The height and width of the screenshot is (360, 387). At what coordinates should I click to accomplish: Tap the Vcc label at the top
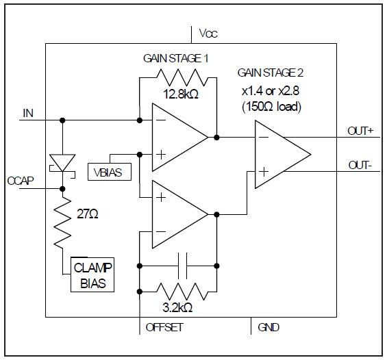[x=208, y=33]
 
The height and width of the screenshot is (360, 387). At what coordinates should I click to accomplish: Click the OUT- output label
[x=358, y=165]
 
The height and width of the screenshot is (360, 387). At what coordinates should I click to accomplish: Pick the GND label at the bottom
[x=268, y=327]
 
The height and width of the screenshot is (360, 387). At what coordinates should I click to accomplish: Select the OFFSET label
[x=164, y=327]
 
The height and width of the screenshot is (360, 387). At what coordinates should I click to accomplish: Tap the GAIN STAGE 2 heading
[x=271, y=73]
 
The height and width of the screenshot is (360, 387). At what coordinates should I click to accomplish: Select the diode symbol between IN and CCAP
[x=62, y=163]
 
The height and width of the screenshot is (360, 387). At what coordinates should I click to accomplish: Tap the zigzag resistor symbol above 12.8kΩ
[x=177, y=77]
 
